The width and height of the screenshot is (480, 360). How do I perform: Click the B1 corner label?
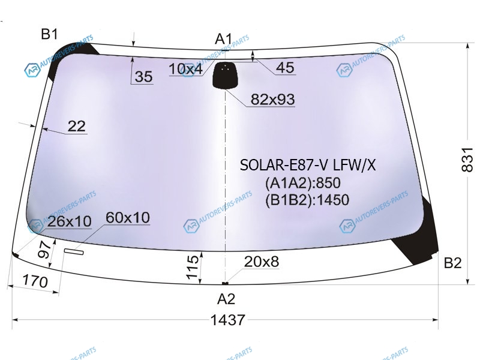tap(49, 34)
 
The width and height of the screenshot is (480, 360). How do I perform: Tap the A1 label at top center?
tap(224, 39)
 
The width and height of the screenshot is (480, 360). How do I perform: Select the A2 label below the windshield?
tap(226, 299)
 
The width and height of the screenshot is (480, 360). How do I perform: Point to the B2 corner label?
tap(452, 263)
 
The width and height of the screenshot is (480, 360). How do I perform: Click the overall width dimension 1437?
tap(228, 320)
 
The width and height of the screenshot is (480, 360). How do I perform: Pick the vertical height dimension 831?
tap(467, 160)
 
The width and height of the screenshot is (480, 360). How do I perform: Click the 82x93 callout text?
tap(273, 99)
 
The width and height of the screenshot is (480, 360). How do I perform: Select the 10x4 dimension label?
tap(185, 69)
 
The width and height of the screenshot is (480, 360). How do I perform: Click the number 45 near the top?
tap(285, 68)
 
